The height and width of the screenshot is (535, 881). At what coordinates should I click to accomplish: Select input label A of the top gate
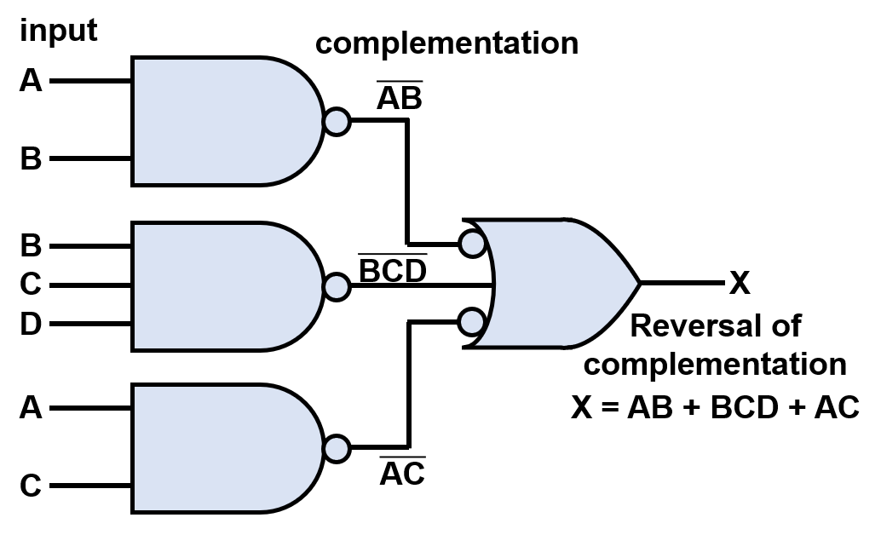tap(31, 81)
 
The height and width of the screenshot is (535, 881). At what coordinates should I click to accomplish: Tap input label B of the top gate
tap(31, 159)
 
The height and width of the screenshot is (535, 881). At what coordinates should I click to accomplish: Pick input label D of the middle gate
tap(31, 325)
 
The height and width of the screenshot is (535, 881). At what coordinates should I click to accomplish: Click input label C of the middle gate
tap(31, 285)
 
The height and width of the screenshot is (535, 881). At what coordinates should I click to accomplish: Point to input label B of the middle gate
tap(31, 246)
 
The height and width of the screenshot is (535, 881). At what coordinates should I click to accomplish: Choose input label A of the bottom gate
tap(31, 409)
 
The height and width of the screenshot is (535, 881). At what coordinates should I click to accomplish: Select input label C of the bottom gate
tap(31, 486)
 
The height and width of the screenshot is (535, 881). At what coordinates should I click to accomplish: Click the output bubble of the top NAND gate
tap(337, 121)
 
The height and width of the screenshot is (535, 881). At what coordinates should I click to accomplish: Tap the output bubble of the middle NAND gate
tap(337, 286)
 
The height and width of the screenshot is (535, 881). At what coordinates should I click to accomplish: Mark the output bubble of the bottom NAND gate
tap(337, 448)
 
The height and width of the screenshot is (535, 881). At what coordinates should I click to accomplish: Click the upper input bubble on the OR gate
tap(471, 244)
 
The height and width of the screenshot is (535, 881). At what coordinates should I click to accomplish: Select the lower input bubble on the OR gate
tap(471, 322)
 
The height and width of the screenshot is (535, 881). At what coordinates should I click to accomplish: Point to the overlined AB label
tap(400, 99)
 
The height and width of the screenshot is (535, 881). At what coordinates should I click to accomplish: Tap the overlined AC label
tap(401, 474)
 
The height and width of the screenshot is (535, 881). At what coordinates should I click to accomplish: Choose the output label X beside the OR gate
tap(740, 284)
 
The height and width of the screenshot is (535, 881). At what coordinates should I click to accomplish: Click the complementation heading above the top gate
tap(446, 43)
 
